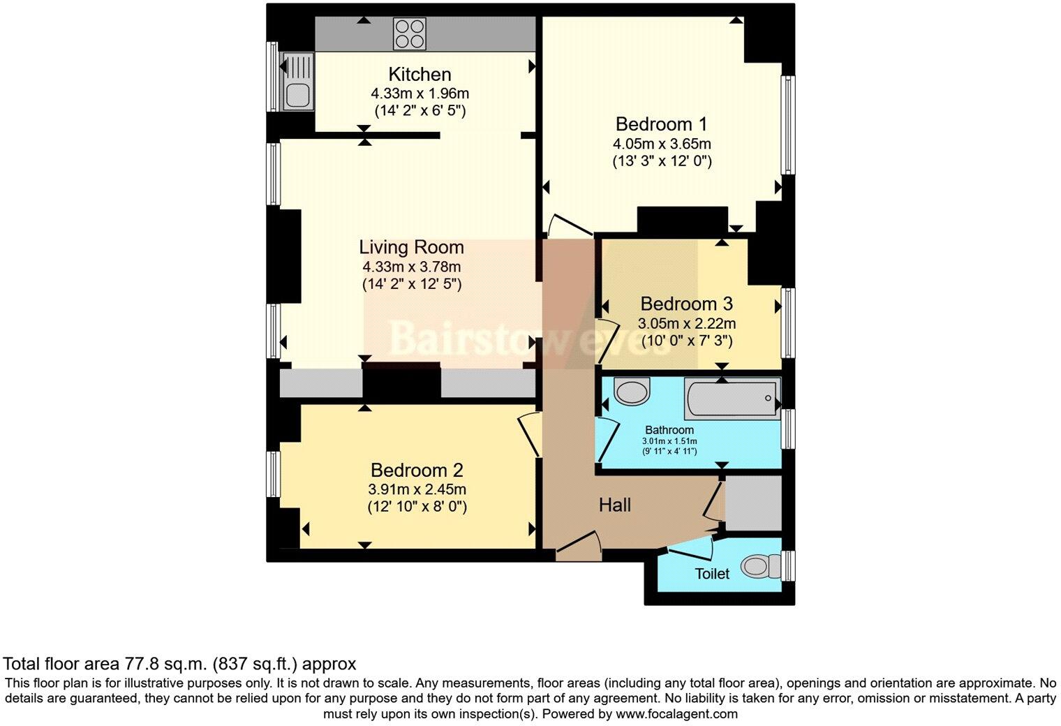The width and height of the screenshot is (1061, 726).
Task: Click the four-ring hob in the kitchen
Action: [410, 33]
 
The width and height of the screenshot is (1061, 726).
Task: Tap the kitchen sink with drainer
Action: [297, 82]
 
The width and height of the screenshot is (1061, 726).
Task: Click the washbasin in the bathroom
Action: [632, 392]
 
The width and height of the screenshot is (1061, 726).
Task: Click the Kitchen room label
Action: [420, 74]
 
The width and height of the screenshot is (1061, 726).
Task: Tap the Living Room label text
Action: [411, 247]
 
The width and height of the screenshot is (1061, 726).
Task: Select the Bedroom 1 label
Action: [661, 124]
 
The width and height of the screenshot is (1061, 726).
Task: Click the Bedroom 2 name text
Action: [417, 471]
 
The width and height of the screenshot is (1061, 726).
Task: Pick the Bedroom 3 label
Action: [686, 304]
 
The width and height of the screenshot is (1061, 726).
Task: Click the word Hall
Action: [614, 505]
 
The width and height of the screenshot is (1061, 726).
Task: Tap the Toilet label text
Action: [712, 574]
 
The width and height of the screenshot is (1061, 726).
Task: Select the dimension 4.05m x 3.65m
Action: [662, 144]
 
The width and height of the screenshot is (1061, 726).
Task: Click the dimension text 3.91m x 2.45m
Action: [417, 489]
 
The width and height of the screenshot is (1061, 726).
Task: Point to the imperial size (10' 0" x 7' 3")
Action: [686, 341]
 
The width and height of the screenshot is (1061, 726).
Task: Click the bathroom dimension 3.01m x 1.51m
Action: [669, 441]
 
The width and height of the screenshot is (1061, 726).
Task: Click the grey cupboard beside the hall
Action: [753, 503]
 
